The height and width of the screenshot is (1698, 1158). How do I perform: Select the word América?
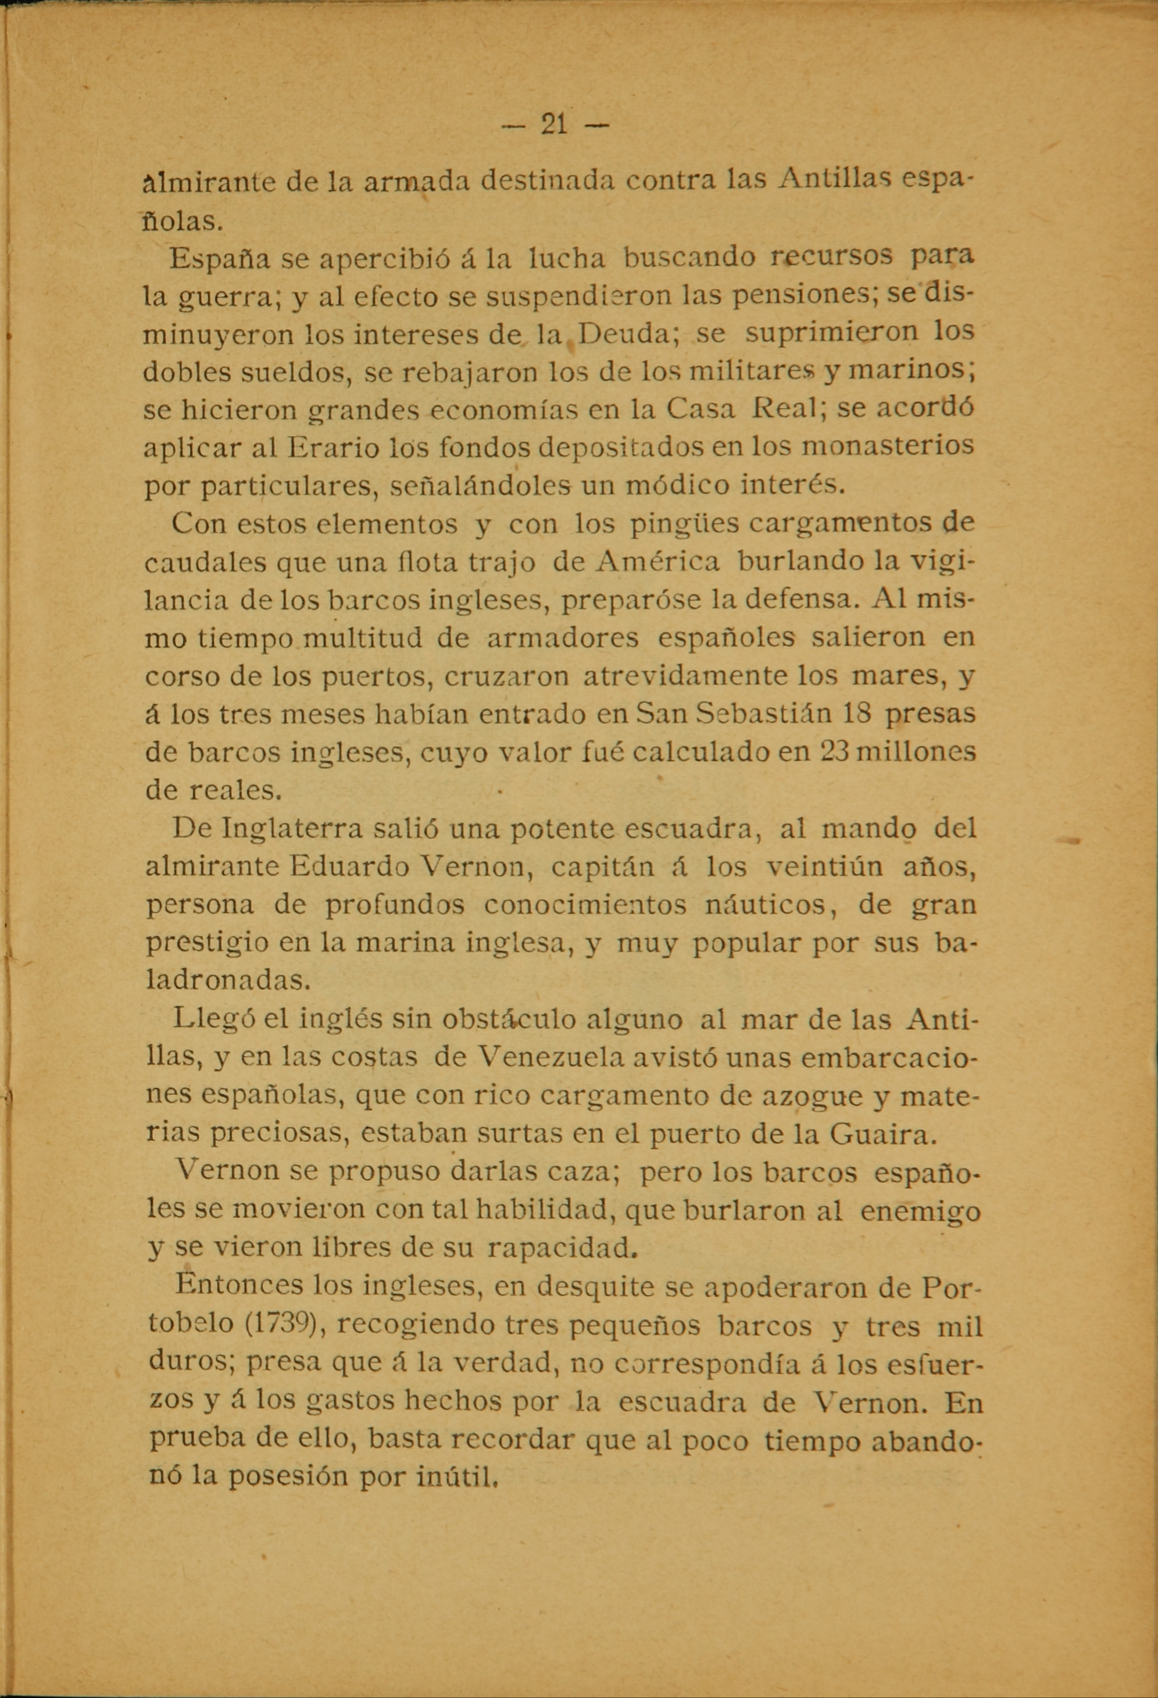coord(658,562)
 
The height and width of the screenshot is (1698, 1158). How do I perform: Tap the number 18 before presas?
coord(856,713)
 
